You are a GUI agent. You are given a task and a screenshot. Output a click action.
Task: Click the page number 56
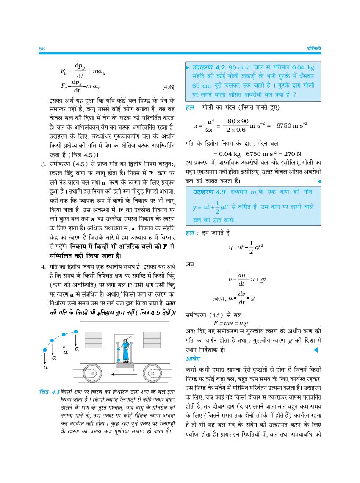coord(42,49)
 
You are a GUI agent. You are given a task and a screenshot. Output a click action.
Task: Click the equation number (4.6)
coord(168,87)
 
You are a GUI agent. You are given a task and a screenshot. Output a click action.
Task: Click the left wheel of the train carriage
coord(93,374)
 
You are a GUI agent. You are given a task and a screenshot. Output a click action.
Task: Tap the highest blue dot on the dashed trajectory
coord(76,331)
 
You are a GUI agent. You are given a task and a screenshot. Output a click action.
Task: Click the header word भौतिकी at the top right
coord(313,49)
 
